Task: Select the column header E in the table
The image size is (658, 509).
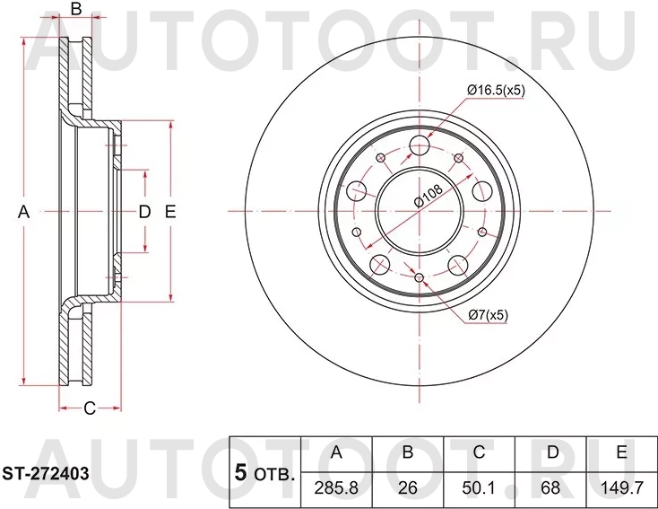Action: pyautogui.click(x=620, y=453)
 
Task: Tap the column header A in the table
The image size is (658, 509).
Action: pyautogui.click(x=336, y=453)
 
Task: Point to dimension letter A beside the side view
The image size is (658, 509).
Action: pyautogui.click(x=24, y=212)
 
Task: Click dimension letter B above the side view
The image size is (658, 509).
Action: pyautogui.click(x=76, y=10)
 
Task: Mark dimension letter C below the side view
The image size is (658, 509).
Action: pyautogui.click(x=90, y=409)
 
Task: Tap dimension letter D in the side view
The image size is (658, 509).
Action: pyautogui.click(x=143, y=212)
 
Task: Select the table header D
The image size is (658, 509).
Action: pyautogui.click(x=550, y=453)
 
